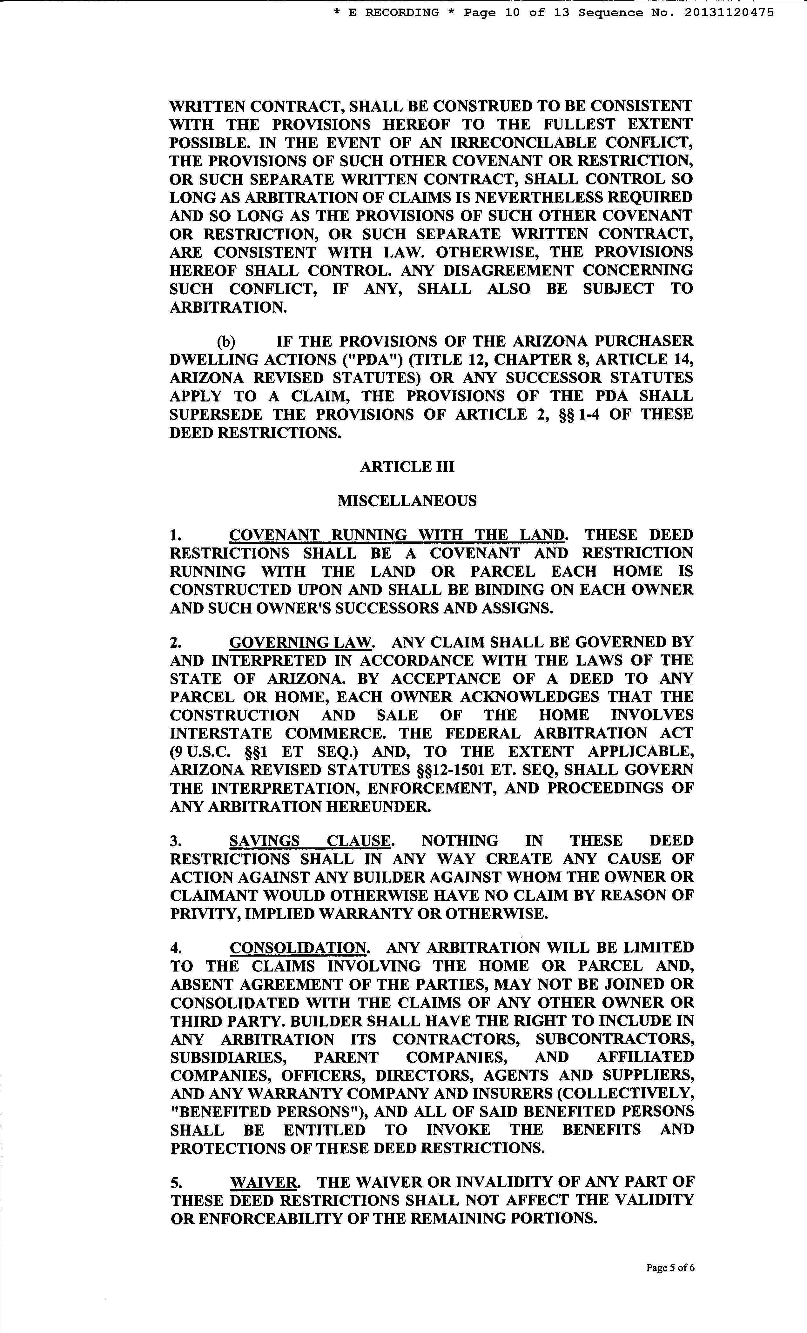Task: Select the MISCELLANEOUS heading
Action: click(407, 501)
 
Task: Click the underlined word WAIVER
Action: click(264, 1182)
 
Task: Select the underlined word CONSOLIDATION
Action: click(299, 948)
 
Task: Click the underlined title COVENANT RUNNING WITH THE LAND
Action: click(398, 535)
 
